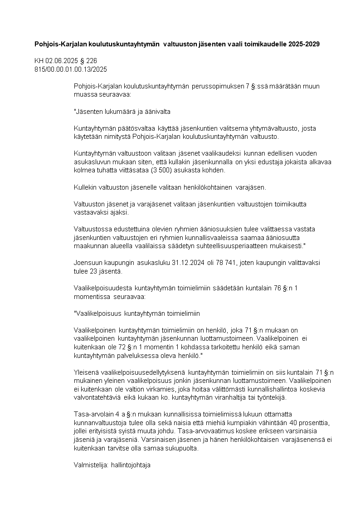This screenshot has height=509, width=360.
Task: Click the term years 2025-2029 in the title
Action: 304,44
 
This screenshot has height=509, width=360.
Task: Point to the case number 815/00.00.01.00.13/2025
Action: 71,69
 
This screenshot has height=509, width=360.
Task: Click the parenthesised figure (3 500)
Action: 163,171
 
